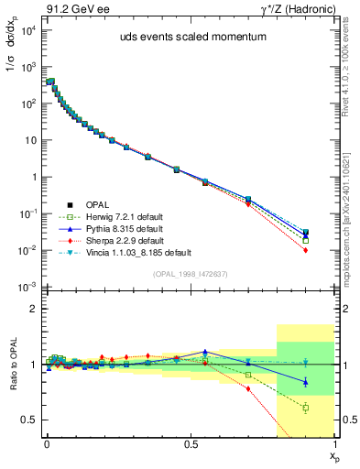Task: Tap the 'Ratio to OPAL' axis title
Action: click(x=12, y=365)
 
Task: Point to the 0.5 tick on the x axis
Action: click(x=190, y=442)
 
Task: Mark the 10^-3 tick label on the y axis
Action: click(x=27, y=288)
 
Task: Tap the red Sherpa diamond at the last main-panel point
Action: click(x=306, y=250)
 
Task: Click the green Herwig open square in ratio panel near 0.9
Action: click(x=306, y=408)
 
